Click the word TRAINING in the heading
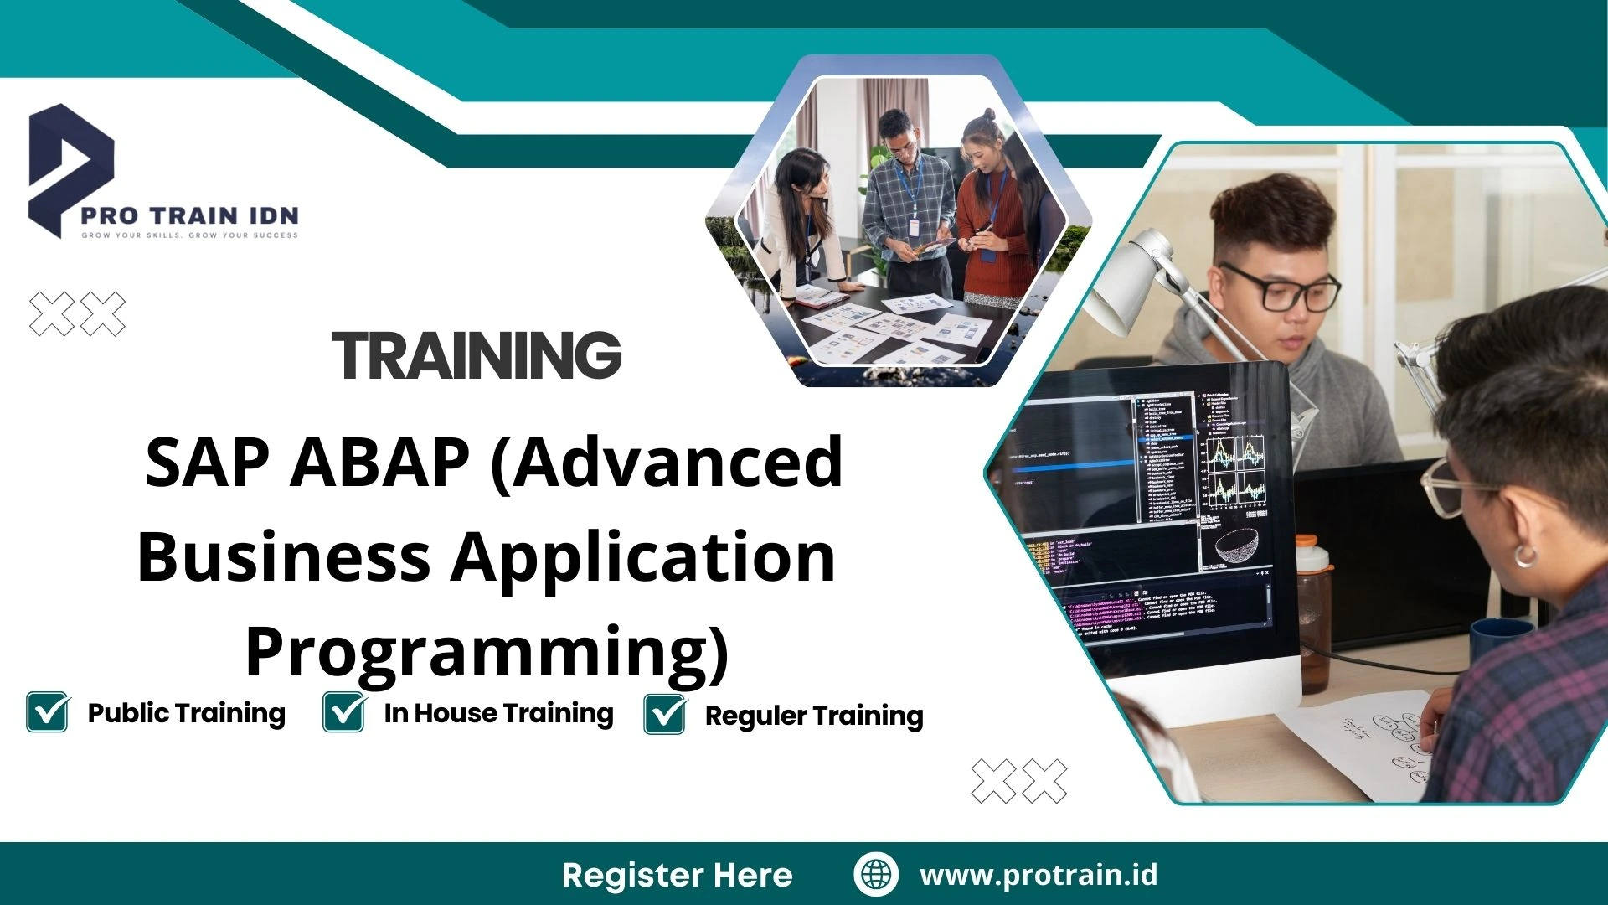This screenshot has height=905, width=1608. (477, 355)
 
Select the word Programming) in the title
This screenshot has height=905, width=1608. (487, 653)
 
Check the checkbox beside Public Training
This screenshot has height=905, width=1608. (48, 712)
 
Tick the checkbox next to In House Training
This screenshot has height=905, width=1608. (343, 712)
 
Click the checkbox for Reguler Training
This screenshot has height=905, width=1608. (665, 714)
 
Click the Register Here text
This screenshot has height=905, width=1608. (677, 875)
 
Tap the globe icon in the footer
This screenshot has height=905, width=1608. (876, 874)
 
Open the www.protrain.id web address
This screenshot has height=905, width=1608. (1038, 875)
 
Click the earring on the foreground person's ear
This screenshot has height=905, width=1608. (1525, 554)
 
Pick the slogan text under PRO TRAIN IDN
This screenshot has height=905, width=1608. (189, 235)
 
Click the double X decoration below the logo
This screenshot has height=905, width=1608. (77, 314)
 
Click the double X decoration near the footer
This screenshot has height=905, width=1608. (1018, 781)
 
